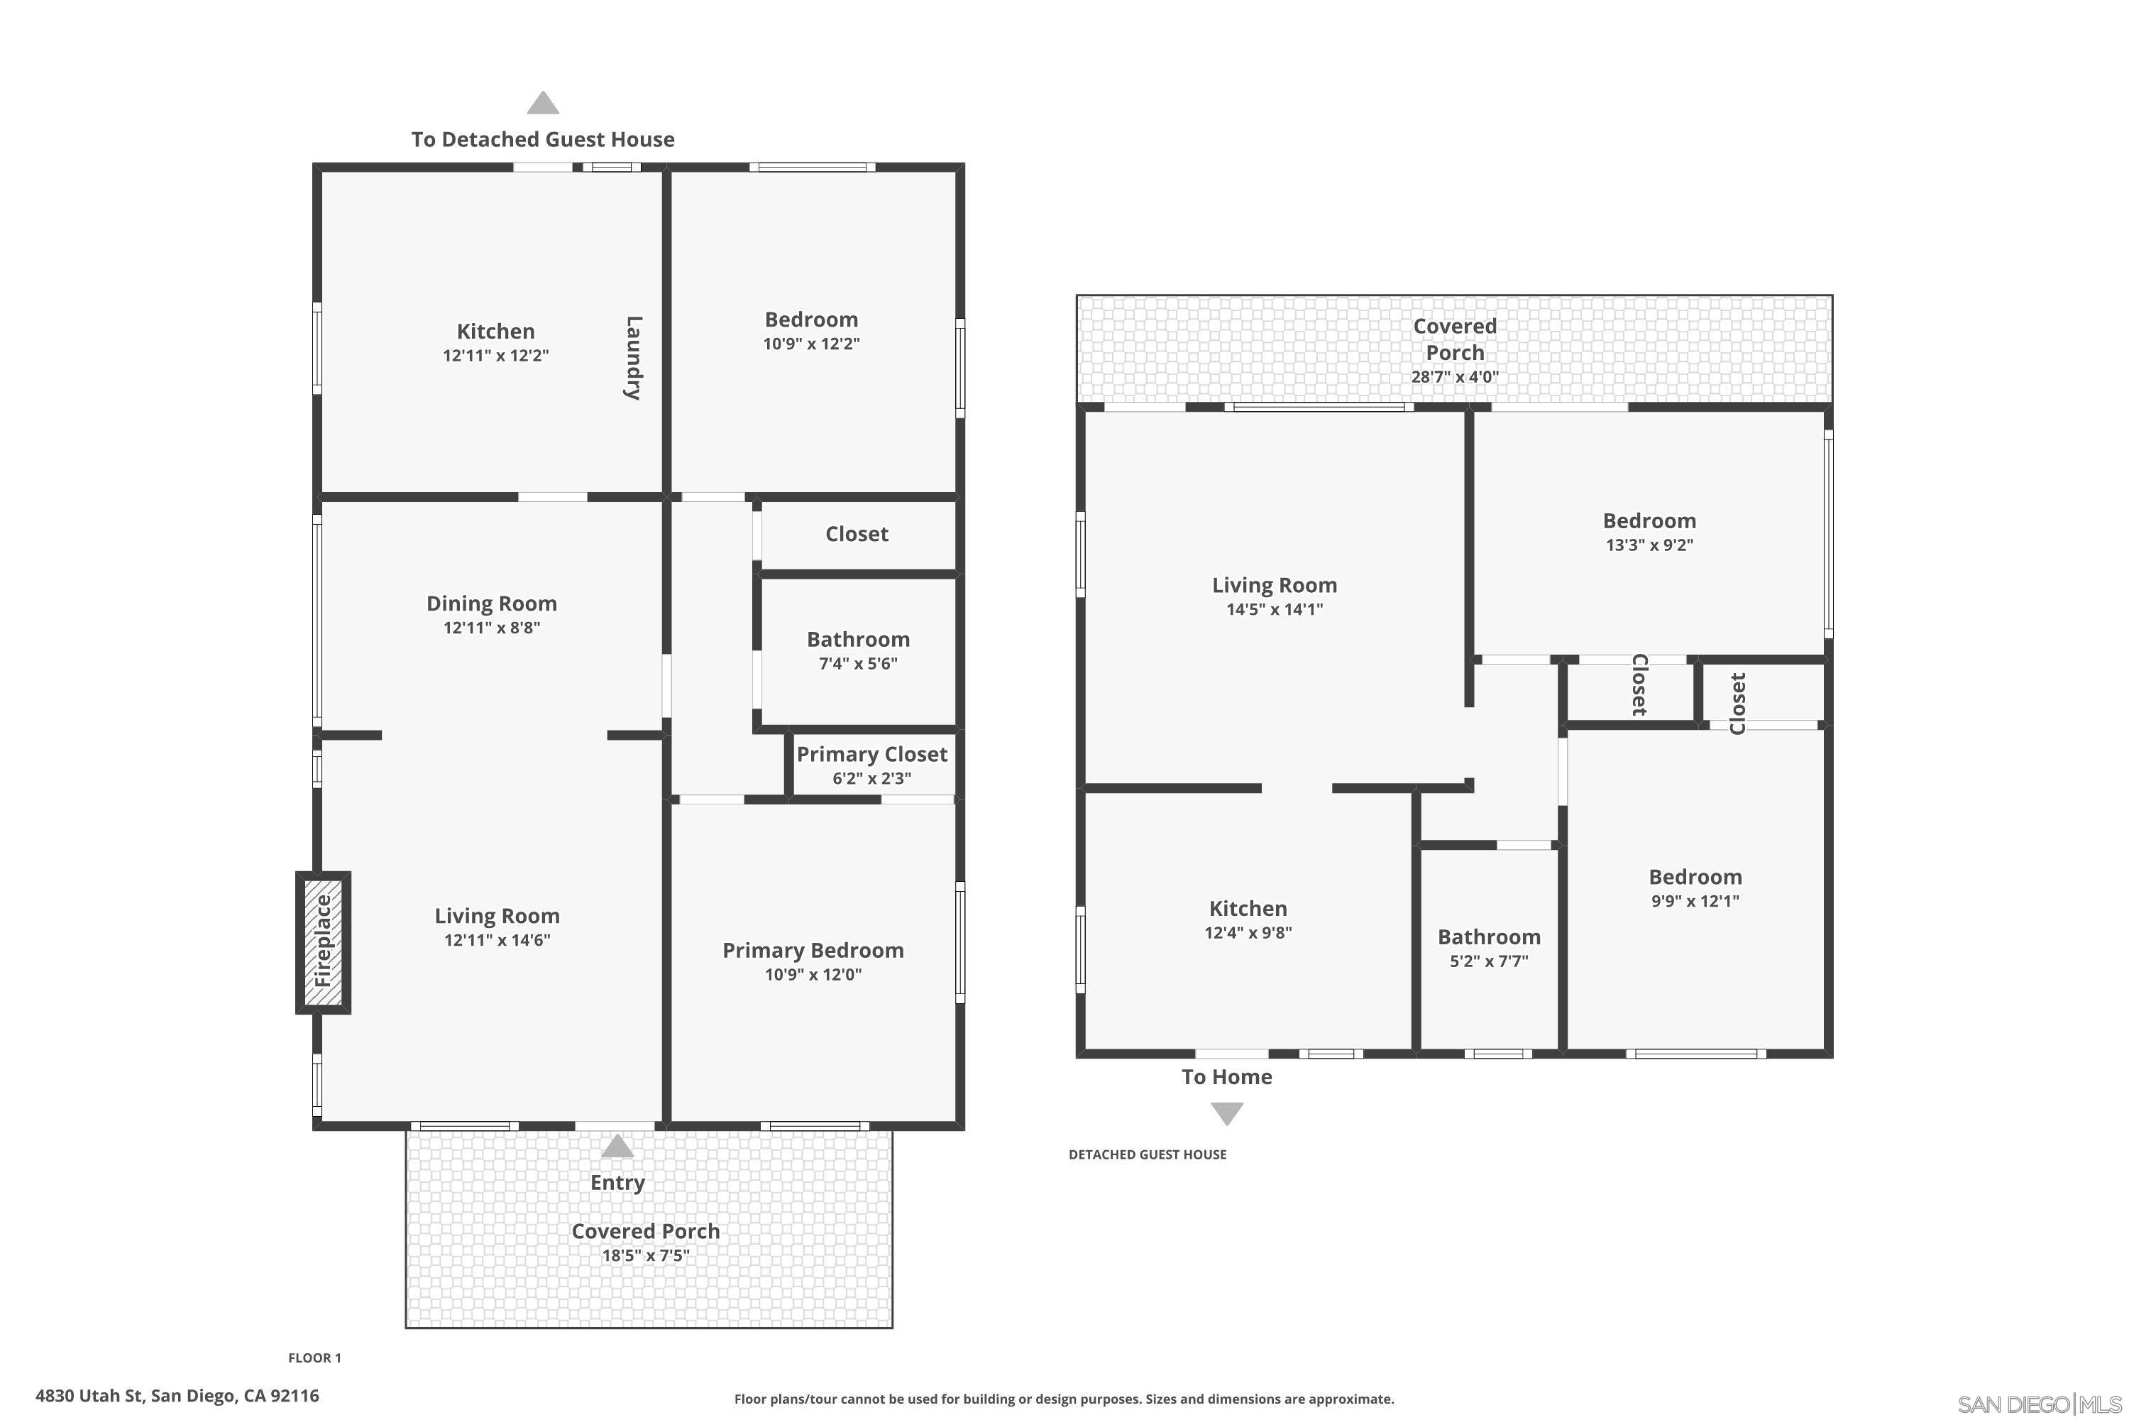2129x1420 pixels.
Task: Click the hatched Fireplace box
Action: (x=323, y=942)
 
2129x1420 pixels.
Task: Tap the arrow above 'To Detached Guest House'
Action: (x=543, y=103)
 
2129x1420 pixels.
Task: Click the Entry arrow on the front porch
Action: (x=617, y=1147)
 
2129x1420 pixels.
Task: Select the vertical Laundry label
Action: (x=634, y=358)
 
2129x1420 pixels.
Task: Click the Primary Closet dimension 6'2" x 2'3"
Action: (x=871, y=778)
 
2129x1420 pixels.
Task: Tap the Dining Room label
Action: (x=492, y=603)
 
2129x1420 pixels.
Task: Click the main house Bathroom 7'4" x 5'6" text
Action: (x=858, y=663)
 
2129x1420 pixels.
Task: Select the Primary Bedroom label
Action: (x=813, y=950)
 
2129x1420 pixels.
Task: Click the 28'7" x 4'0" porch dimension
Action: (x=1455, y=377)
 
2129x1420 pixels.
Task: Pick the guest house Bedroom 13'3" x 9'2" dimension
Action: (x=1649, y=545)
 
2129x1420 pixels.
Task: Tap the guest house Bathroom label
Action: (x=1489, y=936)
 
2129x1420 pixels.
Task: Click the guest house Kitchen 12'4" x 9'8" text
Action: (x=1248, y=932)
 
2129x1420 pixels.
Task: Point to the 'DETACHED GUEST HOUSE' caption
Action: (x=1147, y=1154)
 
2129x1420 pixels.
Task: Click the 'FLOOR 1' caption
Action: (x=314, y=1358)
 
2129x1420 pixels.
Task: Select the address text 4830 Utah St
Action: (x=177, y=1396)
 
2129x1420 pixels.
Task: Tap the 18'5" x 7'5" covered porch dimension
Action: (x=645, y=1255)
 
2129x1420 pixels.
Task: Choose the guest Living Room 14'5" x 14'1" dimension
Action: (x=1275, y=608)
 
